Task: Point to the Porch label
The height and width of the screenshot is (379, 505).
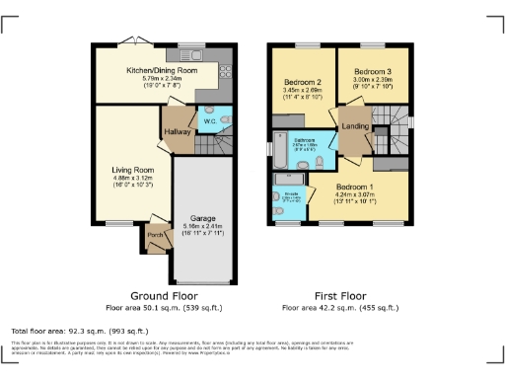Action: point(155,236)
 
